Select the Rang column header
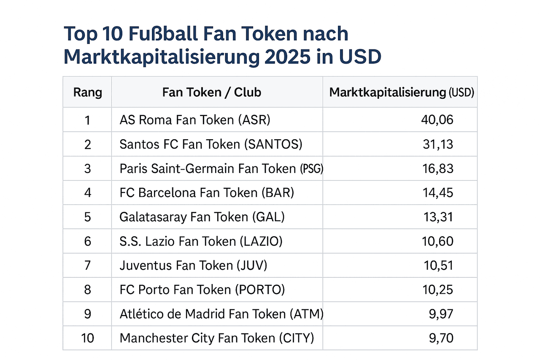[x=87, y=92]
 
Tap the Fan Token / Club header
[x=212, y=92]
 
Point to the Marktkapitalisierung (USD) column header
[x=401, y=92]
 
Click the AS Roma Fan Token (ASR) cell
[x=194, y=120]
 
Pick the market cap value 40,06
[x=437, y=120]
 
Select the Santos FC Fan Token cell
[x=211, y=144]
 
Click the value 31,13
[x=438, y=144]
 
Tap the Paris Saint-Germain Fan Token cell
[x=221, y=169]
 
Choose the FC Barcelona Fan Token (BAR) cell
[x=207, y=193]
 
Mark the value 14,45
[x=438, y=193]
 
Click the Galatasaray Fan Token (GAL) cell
[x=202, y=217]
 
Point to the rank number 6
[x=87, y=241]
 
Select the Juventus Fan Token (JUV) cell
[x=193, y=265]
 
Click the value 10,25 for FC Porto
[x=438, y=290]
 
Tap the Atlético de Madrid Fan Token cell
[x=221, y=314]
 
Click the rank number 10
[x=87, y=338]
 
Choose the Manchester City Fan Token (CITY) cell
[x=216, y=338]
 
